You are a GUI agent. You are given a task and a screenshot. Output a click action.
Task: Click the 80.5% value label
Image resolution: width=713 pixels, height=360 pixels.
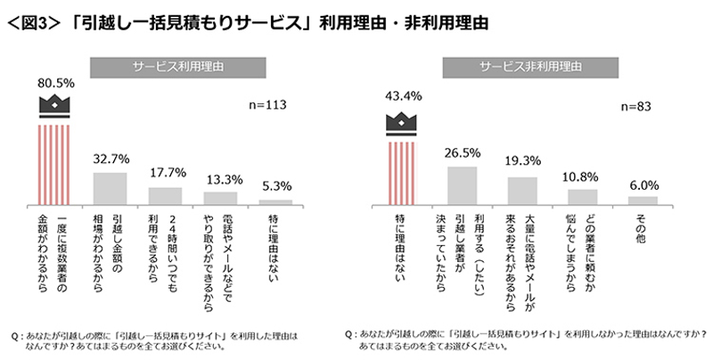pyautogui.click(x=55, y=81)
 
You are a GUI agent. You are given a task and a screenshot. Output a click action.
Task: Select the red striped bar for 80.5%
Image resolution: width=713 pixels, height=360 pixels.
pyautogui.click(x=55, y=164)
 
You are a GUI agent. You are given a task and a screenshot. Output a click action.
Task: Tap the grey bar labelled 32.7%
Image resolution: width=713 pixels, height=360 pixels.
pyautogui.click(x=111, y=188)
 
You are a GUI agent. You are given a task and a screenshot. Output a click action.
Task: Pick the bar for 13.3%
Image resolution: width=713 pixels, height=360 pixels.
pyautogui.click(x=220, y=199)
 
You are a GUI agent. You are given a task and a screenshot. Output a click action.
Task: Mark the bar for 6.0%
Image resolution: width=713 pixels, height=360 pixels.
pyautogui.click(x=642, y=200)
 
